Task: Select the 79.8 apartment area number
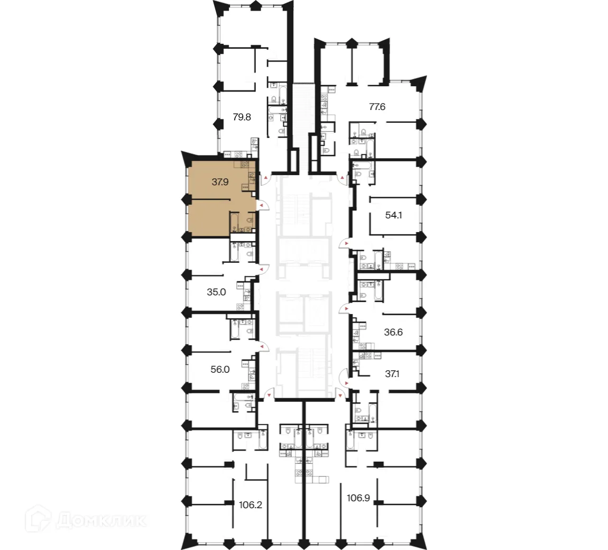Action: pos(242,117)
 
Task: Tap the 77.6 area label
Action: pos(377,107)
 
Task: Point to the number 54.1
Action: pos(394,215)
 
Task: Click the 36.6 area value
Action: pos(393,333)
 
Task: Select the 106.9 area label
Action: pos(358,497)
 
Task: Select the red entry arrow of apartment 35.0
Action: pos(261,270)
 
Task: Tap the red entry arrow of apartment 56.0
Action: pos(261,347)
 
